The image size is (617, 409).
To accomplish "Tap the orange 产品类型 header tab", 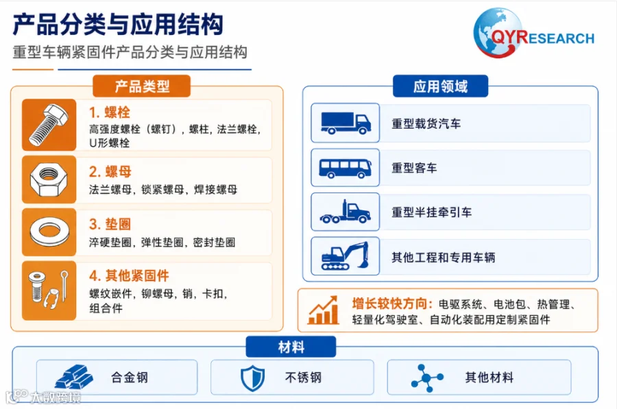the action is (x=142, y=86).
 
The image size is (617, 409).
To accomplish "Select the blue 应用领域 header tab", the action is (x=440, y=86).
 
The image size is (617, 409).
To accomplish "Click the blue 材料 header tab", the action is (x=291, y=347).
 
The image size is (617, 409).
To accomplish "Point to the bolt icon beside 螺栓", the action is (x=49, y=125).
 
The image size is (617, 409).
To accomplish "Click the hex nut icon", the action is (x=49, y=179).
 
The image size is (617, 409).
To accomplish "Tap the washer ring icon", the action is (x=49, y=232).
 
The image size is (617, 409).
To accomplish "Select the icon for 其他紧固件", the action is (x=49, y=290).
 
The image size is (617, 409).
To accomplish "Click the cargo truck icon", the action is (x=346, y=123).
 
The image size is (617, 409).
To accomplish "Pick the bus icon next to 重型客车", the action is (x=345, y=168).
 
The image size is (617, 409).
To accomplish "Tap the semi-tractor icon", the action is (x=345, y=212).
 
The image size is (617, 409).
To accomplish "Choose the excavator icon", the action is (x=345, y=256).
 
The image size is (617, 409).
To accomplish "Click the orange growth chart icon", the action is (x=323, y=310).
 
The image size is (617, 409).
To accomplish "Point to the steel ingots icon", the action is (x=73, y=377).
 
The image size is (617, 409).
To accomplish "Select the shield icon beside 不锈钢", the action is (x=252, y=378).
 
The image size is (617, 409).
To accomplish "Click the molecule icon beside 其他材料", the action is (x=426, y=378).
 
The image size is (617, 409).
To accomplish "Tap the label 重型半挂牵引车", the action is (x=431, y=212).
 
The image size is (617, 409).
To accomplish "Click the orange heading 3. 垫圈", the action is (x=110, y=224).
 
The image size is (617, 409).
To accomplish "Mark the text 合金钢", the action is (x=130, y=377).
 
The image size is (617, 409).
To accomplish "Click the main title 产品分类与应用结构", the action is (x=118, y=25).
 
